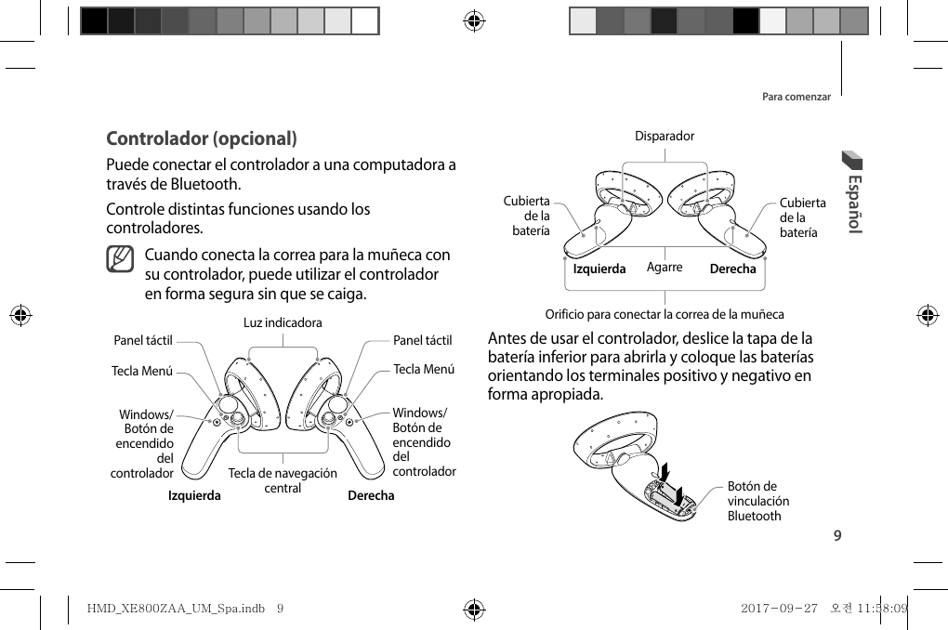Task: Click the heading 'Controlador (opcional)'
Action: [x=202, y=139]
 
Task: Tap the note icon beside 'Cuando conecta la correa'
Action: [x=120, y=259]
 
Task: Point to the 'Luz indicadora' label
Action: [x=283, y=323]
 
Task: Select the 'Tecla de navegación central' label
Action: [x=283, y=480]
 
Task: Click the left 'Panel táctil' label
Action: [x=143, y=341]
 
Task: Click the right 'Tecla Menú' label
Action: [x=424, y=369]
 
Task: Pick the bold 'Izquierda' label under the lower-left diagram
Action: [x=194, y=495]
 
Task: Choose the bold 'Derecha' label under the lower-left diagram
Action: [x=370, y=495]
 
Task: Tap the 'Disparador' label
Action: [x=665, y=137]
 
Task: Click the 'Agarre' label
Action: [x=665, y=268]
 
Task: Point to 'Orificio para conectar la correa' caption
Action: [x=665, y=314]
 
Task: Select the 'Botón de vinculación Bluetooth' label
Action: [x=757, y=501]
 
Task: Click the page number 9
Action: [x=837, y=536]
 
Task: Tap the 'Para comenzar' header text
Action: [x=796, y=97]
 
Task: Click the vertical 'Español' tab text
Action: [x=856, y=203]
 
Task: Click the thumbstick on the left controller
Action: [x=239, y=421]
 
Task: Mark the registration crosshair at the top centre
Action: [x=473, y=20]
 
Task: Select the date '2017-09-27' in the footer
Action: [x=779, y=609]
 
